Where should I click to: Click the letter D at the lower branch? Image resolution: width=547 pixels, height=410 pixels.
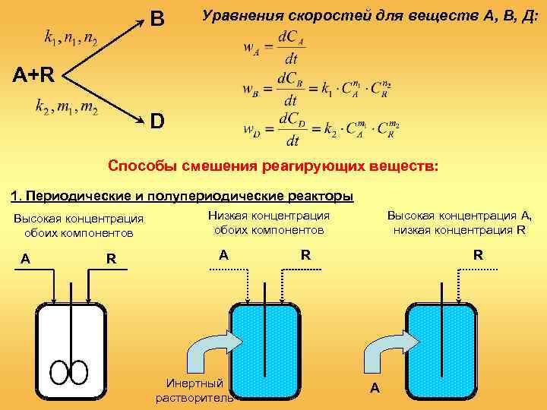pos(157,121)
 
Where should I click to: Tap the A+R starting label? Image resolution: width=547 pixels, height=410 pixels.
pos(32,74)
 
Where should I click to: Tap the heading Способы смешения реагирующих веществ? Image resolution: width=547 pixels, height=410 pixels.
pos(273,166)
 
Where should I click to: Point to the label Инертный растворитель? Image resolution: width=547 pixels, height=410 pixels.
pos(194,390)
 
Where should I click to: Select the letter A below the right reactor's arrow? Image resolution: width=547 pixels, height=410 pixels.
pos(375,389)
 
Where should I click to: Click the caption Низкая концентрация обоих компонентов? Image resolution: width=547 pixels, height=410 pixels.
pos(269,222)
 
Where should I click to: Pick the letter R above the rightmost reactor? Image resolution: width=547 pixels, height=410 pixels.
pos(478,256)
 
